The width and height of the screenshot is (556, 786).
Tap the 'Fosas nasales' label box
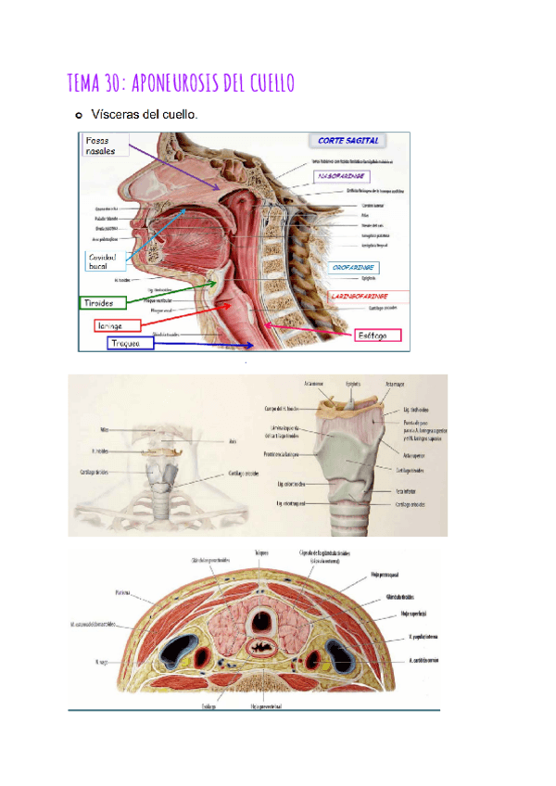(x=102, y=146)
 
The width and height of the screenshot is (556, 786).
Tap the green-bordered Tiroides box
(x=100, y=303)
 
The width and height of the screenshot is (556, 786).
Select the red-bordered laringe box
(x=116, y=325)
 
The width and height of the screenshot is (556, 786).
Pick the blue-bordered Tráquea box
(x=127, y=343)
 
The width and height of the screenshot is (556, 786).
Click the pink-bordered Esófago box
(x=378, y=334)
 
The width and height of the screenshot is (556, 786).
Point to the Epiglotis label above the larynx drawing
(x=351, y=381)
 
